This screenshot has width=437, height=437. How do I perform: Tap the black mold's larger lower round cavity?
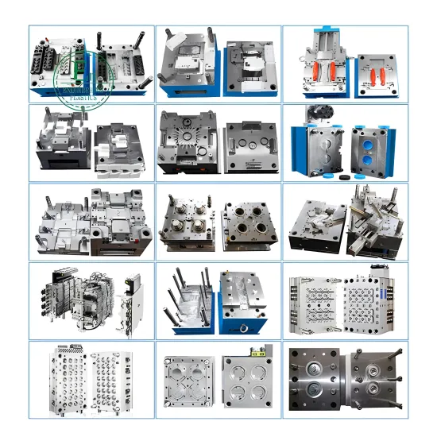click(315, 392)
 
